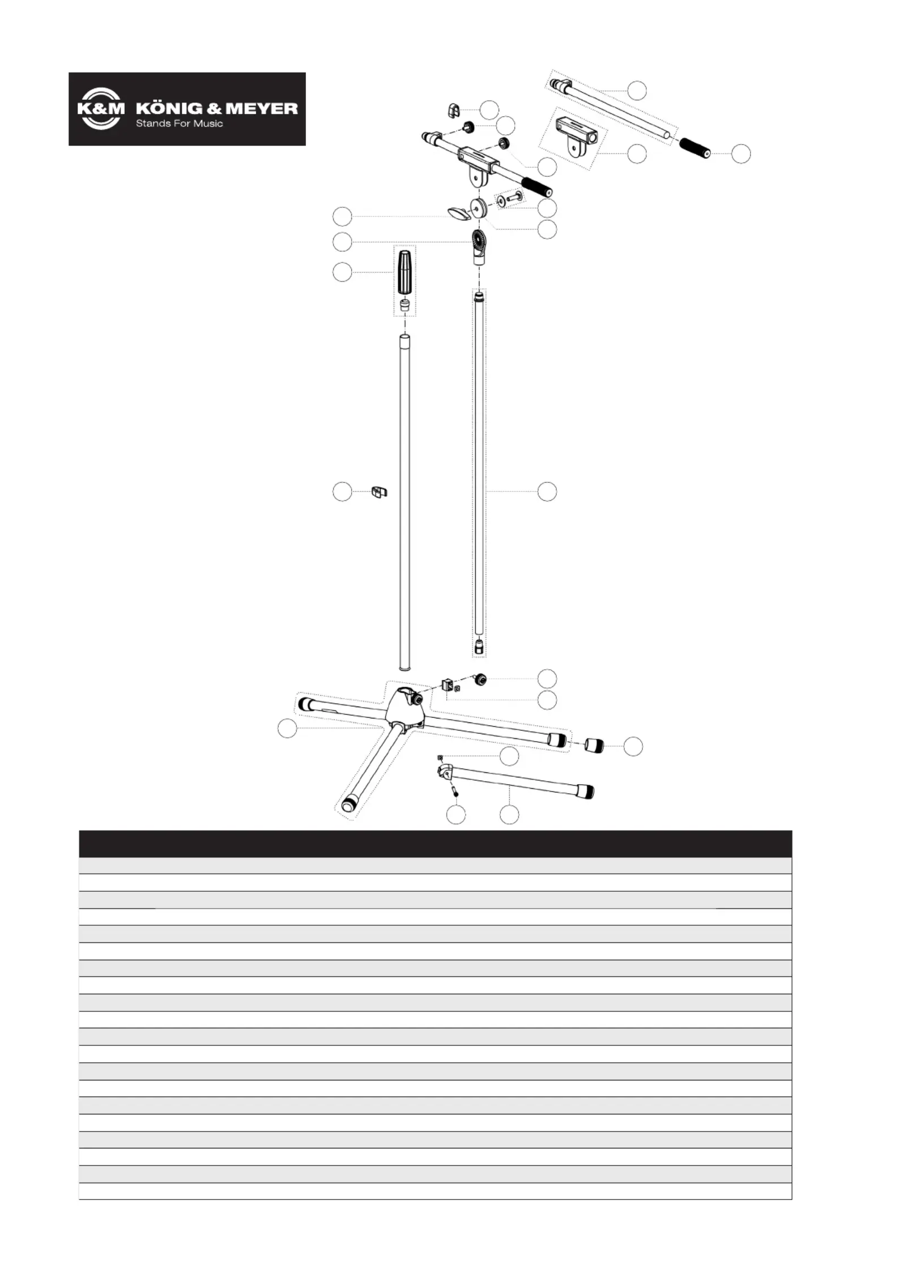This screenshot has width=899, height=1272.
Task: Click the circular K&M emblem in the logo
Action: [x=100, y=109]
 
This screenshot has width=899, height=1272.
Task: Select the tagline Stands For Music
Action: [x=180, y=124]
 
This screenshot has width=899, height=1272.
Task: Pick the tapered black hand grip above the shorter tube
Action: [x=404, y=272]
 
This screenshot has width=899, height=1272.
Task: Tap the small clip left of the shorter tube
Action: [x=379, y=491]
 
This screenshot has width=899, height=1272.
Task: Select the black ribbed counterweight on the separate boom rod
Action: [x=695, y=148]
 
